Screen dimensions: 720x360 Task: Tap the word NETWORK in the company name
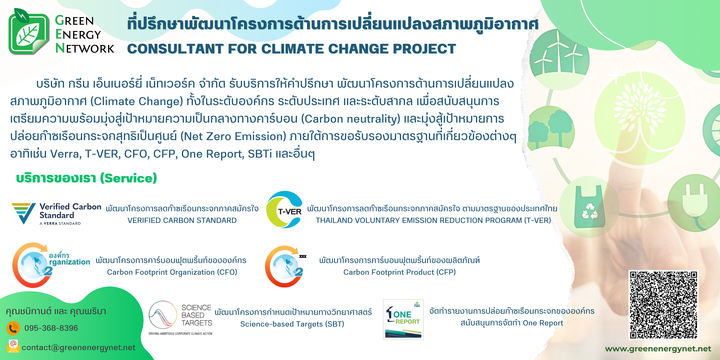click(x=85, y=48)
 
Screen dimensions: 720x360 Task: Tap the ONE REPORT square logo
click(x=403, y=319)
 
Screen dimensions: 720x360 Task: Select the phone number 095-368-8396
click(x=51, y=328)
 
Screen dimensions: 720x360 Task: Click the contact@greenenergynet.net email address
click(x=79, y=347)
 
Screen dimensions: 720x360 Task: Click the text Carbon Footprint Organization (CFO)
click(x=172, y=272)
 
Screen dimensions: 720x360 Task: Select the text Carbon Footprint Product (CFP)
click(x=399, y=272)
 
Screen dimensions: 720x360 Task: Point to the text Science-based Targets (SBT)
click(x=292, y=324)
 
